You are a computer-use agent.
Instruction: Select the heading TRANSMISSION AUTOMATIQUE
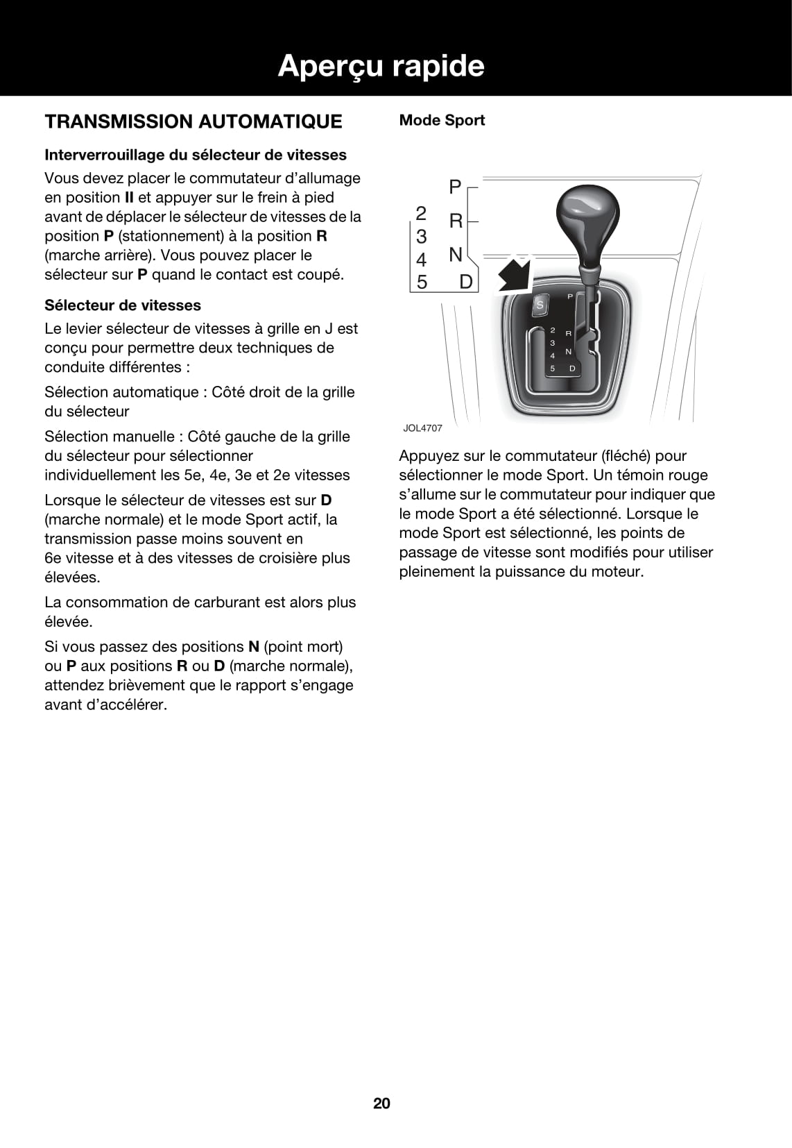point(193,121)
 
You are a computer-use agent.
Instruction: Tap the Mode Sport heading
point(442,120)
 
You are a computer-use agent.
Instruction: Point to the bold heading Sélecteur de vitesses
point(123,305)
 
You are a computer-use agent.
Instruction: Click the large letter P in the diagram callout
point(455,187)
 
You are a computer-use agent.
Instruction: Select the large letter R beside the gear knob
point(456,221)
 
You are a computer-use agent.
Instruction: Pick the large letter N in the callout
point(455,255)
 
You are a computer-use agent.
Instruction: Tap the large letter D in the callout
point(466,282)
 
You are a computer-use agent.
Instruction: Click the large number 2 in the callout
point(421,212)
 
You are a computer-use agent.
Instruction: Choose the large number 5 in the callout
point(422,282)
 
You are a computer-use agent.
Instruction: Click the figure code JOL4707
point(422,428)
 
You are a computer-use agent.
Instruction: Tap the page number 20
point(382,1104)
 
